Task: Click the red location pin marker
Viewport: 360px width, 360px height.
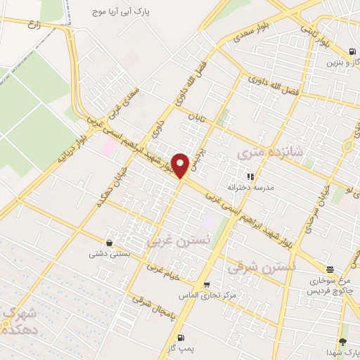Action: click(x=181, y=165)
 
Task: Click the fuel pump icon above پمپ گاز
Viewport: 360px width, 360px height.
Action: click(x=181, y=338)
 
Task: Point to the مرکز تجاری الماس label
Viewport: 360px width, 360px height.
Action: click(x=206, y=296)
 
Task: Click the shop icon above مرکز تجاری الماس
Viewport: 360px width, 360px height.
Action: click(x=206, y=285)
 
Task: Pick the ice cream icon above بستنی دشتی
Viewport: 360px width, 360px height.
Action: click(x=108, y=243)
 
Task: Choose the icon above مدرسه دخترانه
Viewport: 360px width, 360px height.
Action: click(x=250, y=176)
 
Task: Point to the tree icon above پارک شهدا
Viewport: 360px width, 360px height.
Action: click(x=342, y=341)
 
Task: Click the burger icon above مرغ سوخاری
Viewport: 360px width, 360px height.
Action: click(x=330, y=269)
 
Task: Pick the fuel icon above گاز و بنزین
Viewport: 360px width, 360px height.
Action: click(x=351, y=51)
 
